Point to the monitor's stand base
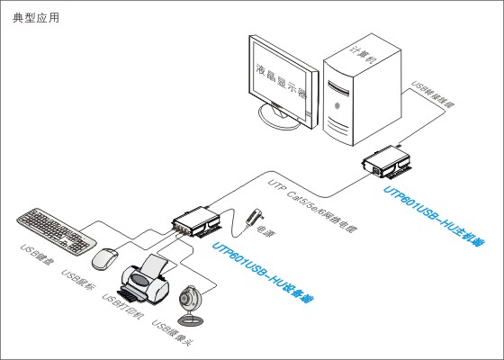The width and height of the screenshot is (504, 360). (x=281, y=122)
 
